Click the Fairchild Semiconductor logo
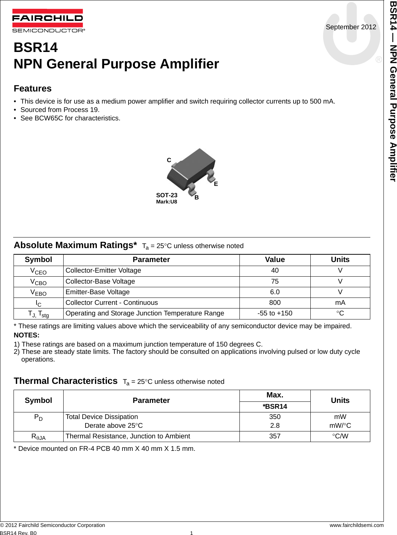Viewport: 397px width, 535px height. [48, 20]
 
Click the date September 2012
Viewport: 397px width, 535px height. [351, 27]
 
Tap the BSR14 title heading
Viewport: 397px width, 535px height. [35, 48]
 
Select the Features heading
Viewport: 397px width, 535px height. [33, 89]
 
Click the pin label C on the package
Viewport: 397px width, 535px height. [169, 160]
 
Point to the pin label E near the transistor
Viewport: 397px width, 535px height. [216, 184]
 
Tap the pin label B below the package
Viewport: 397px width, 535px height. [197, 198]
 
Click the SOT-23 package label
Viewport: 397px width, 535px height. [167, 195]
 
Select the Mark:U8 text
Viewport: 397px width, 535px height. [166, 202]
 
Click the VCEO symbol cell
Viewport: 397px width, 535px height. [38, 271]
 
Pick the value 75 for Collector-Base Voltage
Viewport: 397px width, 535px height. [275, 281]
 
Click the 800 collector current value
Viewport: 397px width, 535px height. [275, 303]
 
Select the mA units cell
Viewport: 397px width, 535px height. [340, 303]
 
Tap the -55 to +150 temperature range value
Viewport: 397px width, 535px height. [275, 313]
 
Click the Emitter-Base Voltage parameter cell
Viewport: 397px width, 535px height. [98, 292]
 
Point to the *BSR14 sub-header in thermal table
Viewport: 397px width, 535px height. [275, 407]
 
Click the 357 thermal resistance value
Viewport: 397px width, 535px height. [275, 436]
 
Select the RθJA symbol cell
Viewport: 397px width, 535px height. [38, 437]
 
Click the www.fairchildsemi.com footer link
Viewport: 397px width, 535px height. [356, 525]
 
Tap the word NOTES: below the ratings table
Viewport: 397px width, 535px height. [26, 335]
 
